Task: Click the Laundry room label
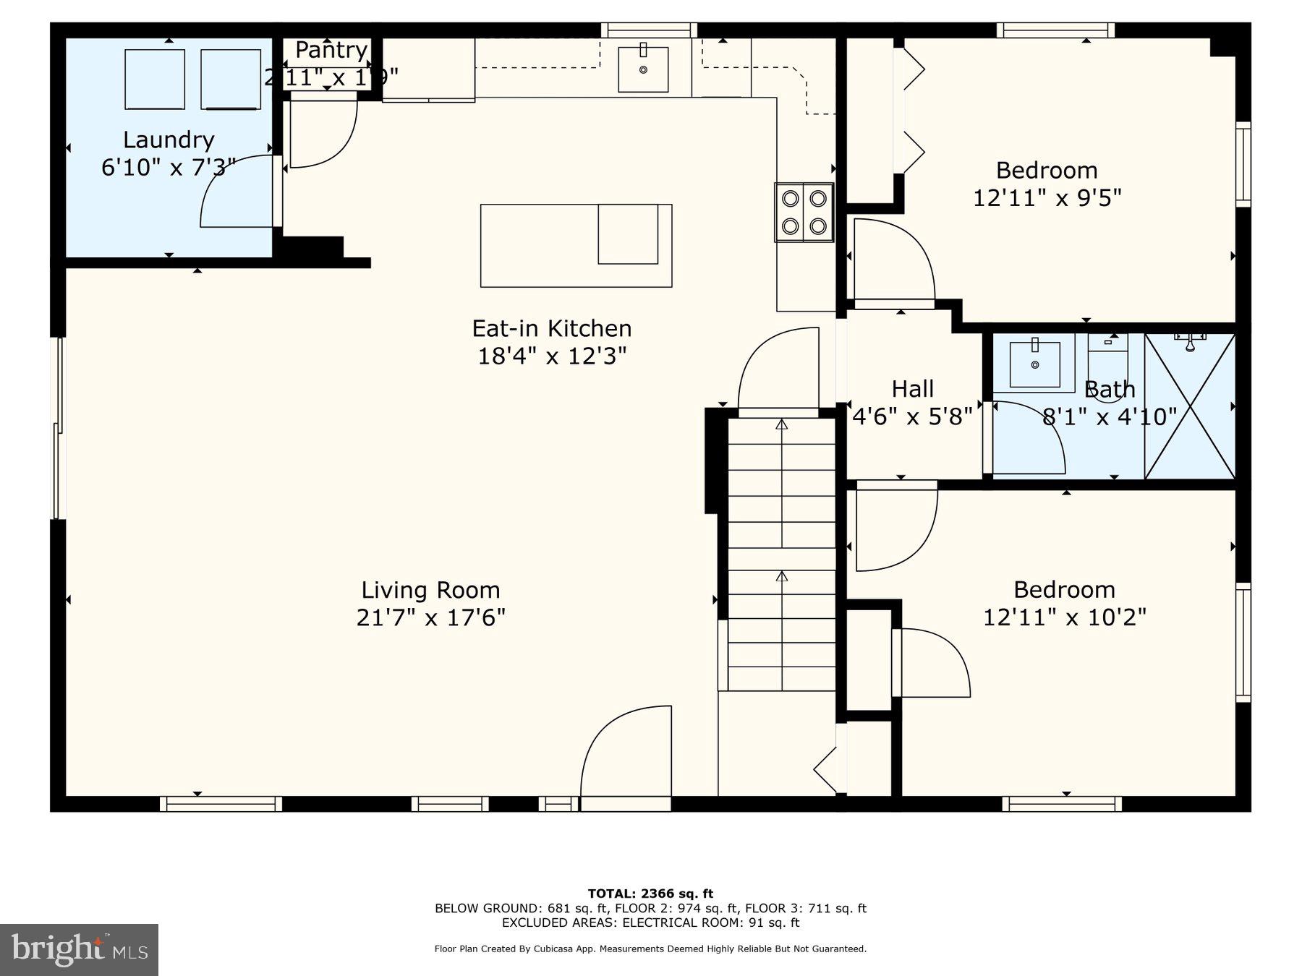tap(169, 140)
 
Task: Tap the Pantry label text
tap(331, 51)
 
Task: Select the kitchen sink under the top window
tap(643, 69)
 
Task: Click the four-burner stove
tap(804, 212)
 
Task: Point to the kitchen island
tap(576, 246)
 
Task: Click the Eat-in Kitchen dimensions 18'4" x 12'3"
tap(552, 356)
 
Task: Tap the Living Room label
tap(430, 591)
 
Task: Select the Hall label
tap(912, 389)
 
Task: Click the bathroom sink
tap(1034, 364)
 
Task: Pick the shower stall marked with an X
tap(1190, 406)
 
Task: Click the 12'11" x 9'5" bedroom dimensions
tap(1047, 198)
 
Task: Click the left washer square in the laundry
tap(154, 80)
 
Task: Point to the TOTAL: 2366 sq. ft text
tap(650, 894)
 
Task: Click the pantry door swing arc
tap(322, 134)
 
